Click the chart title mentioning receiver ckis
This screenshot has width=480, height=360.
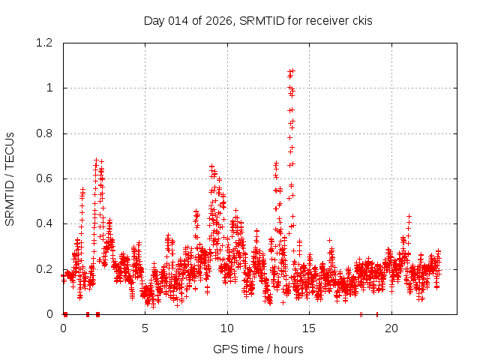258,20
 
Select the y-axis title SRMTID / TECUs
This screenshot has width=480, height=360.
10,178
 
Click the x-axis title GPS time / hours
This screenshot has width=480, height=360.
258,349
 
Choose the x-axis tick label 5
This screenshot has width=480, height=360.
145,328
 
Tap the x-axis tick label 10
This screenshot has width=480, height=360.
227,328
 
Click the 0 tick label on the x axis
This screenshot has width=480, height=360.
63,328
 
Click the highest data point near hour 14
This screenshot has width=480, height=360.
292,70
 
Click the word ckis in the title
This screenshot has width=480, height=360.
359,20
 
